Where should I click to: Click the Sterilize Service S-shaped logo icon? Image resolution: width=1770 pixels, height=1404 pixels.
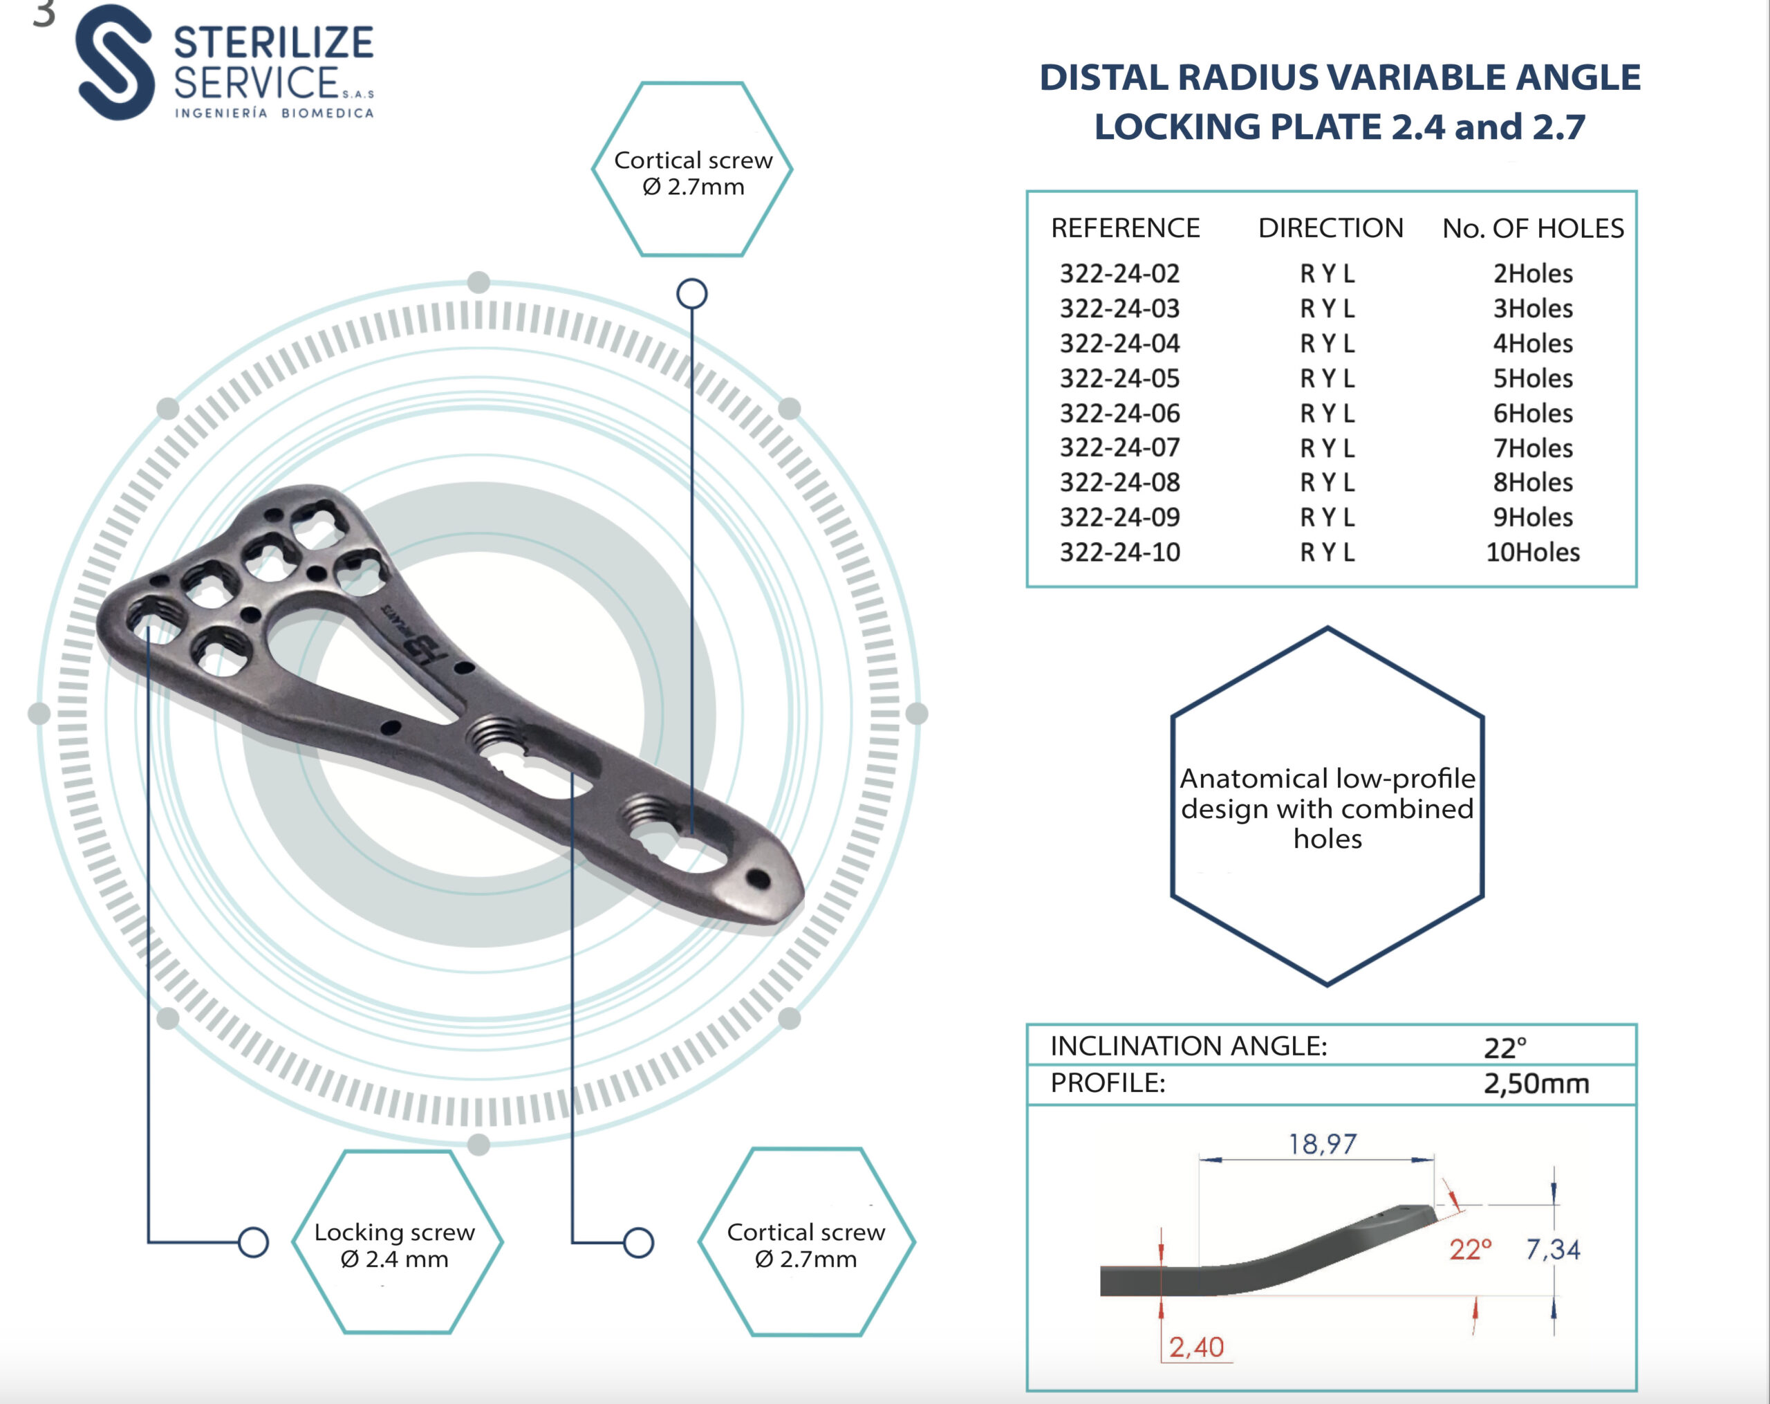click(115, 62)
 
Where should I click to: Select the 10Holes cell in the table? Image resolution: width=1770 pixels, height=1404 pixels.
click(1533, 552)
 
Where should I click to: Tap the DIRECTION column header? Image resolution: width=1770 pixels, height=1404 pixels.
click(1331, 228)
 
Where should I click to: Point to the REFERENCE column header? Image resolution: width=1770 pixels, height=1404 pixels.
click(1126, 228)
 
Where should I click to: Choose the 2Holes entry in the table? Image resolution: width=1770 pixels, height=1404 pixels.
click(1533, 273)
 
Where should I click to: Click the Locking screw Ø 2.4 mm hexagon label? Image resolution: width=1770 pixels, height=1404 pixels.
click(398, 1241)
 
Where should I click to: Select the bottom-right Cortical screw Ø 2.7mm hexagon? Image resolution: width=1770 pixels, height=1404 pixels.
click(806, 1241)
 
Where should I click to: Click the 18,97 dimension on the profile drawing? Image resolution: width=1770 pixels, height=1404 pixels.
click(1322, 1144)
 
